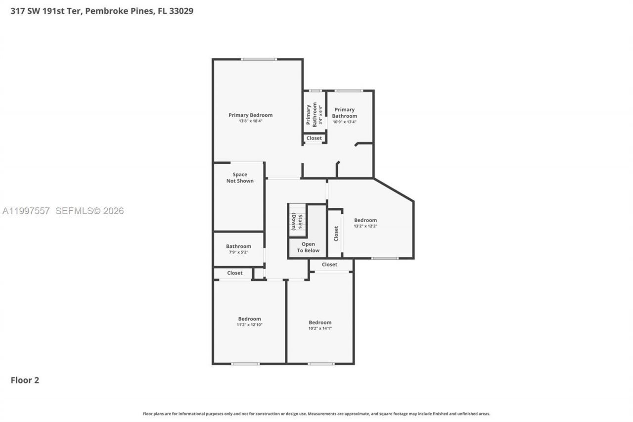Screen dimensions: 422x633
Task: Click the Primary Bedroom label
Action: coord(250,115)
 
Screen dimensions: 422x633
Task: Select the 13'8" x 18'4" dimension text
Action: coord(250,121)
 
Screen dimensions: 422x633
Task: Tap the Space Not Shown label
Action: coord(240,178)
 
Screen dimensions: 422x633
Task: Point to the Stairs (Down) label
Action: coord(297,222)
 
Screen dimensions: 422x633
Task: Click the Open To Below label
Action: coord(308,247)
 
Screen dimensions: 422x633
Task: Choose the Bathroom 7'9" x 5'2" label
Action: coord(238,249)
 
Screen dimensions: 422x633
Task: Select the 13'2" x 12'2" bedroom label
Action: coord(365,223)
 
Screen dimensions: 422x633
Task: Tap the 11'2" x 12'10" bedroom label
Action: coord(249,322)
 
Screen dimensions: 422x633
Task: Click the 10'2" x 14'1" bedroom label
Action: coord(320,325)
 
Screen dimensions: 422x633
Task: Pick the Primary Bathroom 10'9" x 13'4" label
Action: coord(344,116)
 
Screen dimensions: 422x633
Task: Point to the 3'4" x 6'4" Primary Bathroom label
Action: coord(314,115)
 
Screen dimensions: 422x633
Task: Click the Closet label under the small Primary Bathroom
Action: coord(314,138)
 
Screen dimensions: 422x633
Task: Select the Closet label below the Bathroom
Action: coord(235,273)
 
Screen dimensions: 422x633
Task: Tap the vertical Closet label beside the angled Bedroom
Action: coord(336,233)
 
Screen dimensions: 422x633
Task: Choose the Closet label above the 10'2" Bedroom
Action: coord(329,265)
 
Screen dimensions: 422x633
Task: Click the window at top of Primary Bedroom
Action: coord(259,59)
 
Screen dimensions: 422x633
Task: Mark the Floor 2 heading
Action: coord(25,380)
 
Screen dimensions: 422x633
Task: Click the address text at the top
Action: coord(102,10)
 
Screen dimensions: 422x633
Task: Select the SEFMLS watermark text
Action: coord(90,211)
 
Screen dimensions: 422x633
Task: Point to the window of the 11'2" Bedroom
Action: coord(245,364)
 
